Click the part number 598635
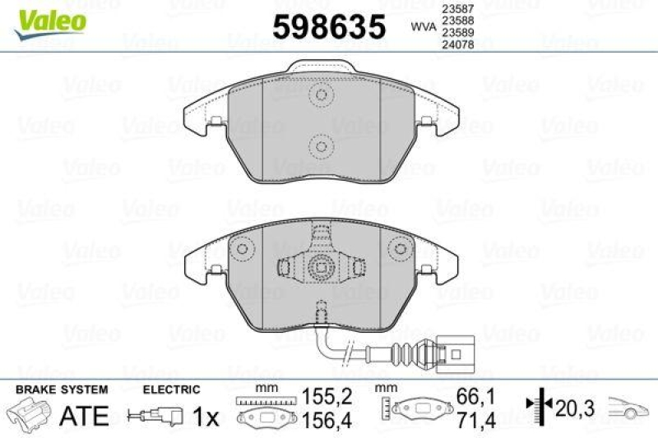328,27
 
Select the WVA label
423,26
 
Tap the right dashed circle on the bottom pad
398,249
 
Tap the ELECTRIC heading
172,389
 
